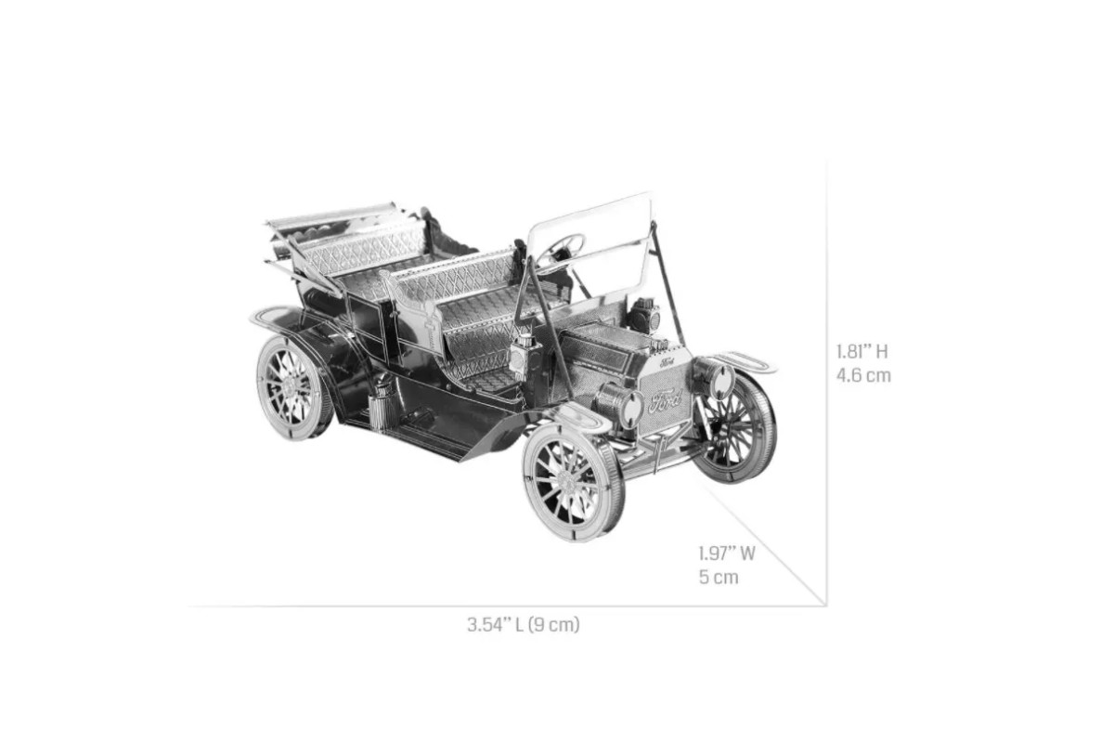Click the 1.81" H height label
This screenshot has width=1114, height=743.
point(861,352)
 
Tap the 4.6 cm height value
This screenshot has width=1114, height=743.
point(863,375)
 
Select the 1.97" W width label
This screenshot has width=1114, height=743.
point(727,554)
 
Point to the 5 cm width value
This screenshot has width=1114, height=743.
point(719,577)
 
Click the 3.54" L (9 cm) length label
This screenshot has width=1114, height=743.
point(524,624)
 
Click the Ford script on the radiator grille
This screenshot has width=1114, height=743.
point(665,400)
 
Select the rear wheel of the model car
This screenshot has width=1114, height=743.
point(294,388)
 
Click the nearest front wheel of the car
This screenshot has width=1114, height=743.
point(573,483)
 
